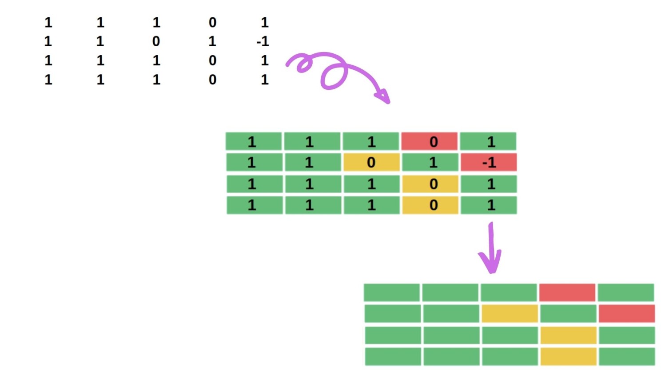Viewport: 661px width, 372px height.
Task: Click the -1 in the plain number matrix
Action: [x=263, y=41]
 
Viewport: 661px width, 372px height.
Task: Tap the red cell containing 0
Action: [x=430, y=141]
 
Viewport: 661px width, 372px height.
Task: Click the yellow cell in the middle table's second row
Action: [x=371, y=162]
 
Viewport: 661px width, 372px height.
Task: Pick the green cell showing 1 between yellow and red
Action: [x=430, y=162]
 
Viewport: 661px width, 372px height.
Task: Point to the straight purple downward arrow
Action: [x=491, y=249]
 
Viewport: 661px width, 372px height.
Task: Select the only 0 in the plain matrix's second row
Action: [x=156, y=41]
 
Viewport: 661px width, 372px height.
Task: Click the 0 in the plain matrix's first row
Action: [x=212, y=22]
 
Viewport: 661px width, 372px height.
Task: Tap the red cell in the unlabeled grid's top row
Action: [x=567, y=292]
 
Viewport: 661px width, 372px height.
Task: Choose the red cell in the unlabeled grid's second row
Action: [x=626, y=313]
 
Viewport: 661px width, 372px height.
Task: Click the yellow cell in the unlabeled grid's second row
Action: [x=509, y=313]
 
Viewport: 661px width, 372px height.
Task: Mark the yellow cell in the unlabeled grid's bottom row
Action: [x=568, y=356]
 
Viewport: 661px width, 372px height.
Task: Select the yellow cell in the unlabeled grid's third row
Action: [x=568, y=335]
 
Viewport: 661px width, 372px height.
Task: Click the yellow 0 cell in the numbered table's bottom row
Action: [x=430, y=205]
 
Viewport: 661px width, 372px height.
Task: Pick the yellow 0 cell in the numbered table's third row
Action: [x=430, y=184]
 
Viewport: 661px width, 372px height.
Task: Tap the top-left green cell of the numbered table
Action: [x=253, y=141]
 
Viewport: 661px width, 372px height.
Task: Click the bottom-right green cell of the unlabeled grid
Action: [x=626, y=356]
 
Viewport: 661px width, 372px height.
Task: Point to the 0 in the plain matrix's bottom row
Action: [x=212, y=80]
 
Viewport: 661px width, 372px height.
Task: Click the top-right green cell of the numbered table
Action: [x=488, y=141]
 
